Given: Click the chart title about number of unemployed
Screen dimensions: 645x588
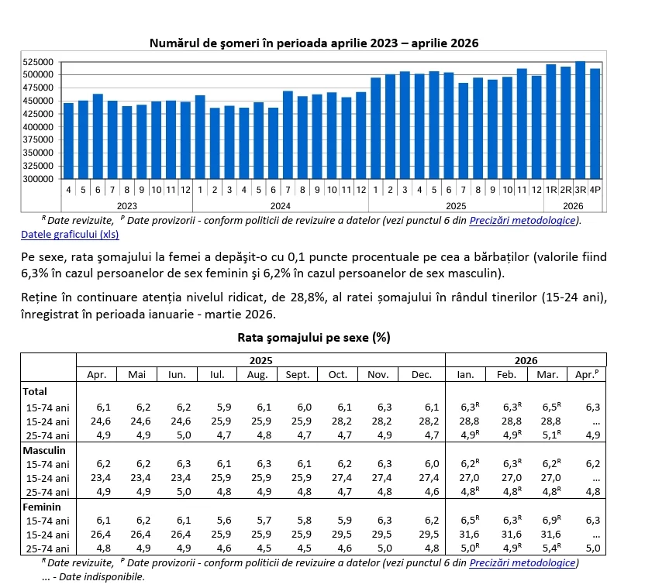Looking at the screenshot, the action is (314, 43).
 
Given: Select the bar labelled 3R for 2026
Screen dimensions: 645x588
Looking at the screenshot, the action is (580, 120).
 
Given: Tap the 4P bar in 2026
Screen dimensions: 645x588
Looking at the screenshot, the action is (595, 124).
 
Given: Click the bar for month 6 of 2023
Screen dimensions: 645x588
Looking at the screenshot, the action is (98, 136).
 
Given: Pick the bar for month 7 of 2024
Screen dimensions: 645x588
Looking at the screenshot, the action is (288, 135).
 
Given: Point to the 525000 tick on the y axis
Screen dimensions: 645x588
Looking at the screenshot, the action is (38, 62).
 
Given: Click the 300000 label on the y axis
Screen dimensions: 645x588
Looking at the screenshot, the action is (38, 179).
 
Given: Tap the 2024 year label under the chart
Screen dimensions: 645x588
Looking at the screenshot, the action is (281, 205).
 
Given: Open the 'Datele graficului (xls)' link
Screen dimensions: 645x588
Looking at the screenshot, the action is (70, 235).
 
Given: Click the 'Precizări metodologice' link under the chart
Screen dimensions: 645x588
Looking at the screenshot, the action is (523, 220).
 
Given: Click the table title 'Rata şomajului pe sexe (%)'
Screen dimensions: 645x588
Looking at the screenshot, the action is (314, 338).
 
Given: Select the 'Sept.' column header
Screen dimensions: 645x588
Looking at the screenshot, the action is (298, 375).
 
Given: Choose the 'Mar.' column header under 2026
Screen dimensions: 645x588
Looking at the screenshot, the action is (547, 375).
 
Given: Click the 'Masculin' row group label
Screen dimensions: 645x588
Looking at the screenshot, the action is (44, 450).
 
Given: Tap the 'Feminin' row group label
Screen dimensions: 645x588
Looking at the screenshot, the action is (42, 507).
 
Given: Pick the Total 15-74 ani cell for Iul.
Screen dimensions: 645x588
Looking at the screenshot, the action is (224, 407).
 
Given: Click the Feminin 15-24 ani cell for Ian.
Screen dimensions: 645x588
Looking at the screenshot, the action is (469, 534).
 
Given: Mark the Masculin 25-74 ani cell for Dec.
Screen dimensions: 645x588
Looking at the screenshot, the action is (432, 491).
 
